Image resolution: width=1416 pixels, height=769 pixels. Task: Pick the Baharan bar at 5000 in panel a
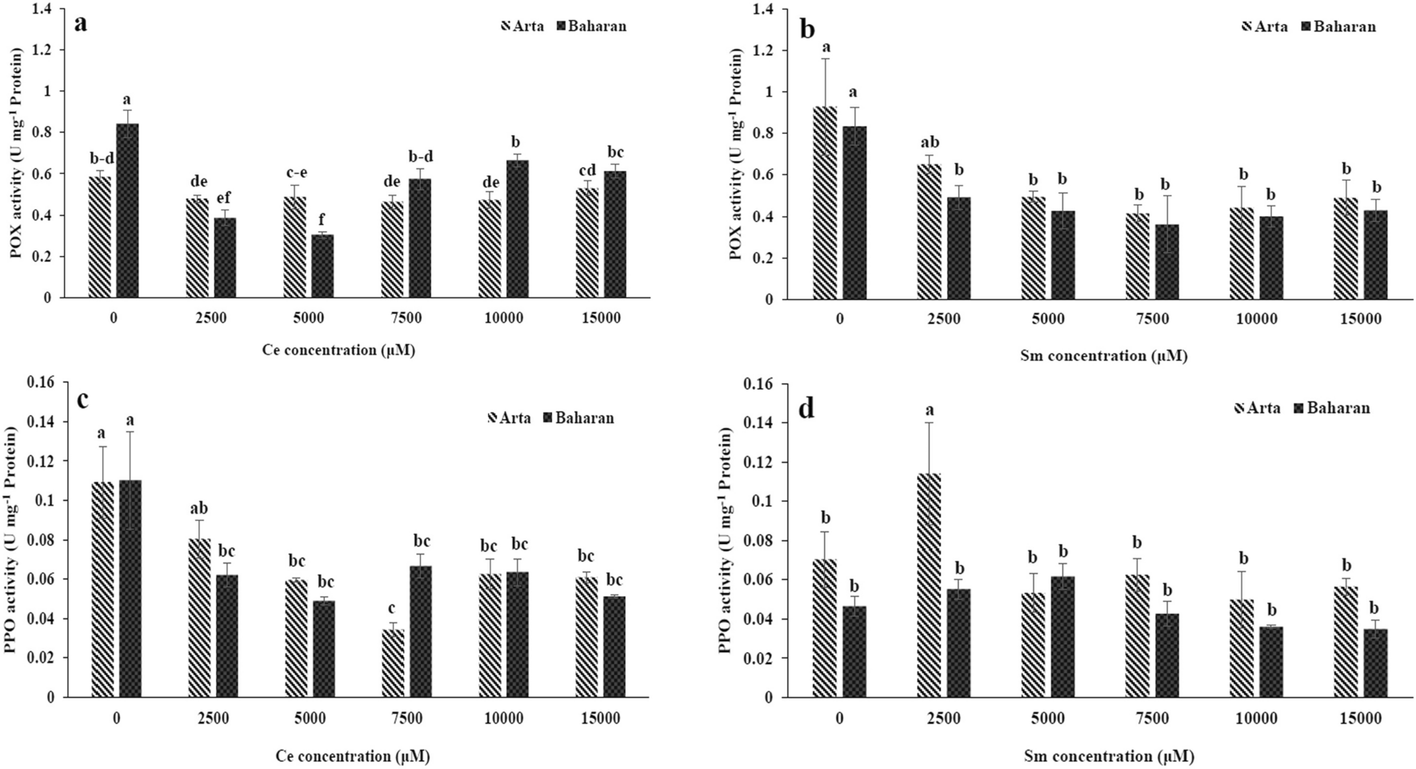tap(322, 266)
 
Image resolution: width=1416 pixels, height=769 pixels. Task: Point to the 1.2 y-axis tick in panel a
tap(39, 50)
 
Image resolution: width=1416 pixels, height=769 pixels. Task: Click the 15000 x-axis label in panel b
tap(1360, 319)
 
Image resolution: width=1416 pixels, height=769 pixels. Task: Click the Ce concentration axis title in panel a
tap(338, 350)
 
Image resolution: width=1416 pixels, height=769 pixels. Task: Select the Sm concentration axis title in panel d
tap(1109, 756)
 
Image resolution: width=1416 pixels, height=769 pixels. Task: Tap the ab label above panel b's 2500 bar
tap(930, 143)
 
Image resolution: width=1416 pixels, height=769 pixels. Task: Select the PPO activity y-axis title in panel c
tap(11, 539)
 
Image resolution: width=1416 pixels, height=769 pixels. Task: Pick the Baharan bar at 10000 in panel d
tap(1271, 662)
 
